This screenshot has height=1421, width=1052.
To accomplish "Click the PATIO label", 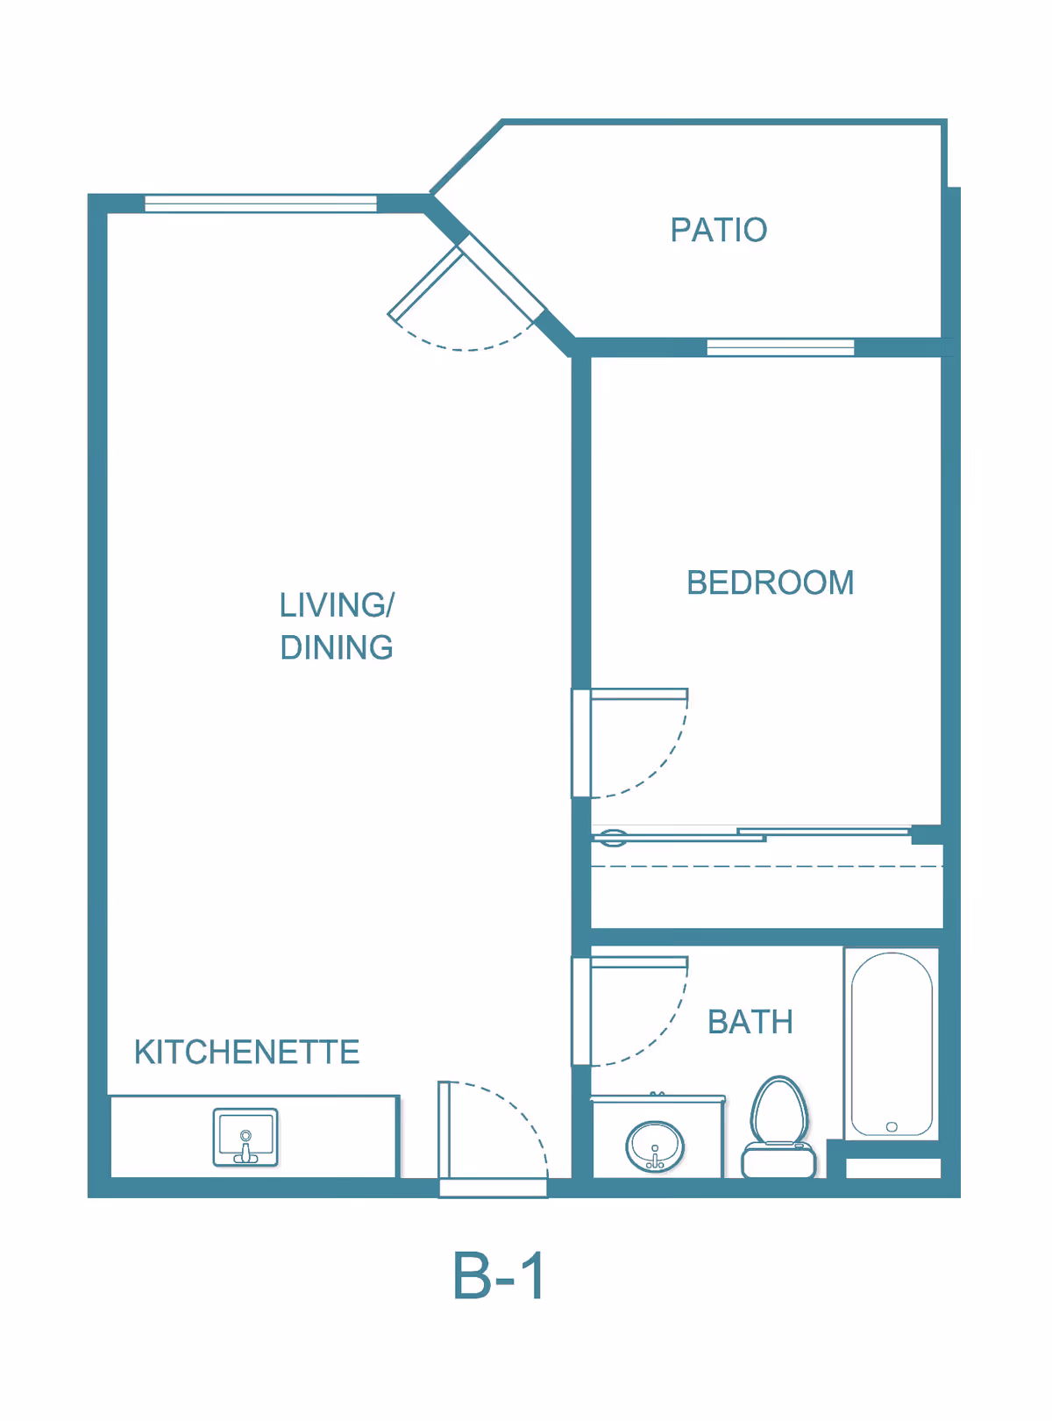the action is pos(718,229).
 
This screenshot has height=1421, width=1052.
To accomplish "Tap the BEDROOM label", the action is pos(770,582).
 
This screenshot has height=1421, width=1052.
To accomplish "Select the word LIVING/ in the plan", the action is pos(336,604).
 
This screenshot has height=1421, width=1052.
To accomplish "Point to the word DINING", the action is pos(336,647).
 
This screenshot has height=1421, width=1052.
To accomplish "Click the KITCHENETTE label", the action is pos(246,1052).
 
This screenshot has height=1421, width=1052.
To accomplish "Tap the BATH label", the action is pos(750,1022).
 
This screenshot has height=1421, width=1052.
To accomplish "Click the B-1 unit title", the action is pos(498,1275).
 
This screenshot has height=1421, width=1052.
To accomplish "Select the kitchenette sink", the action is pos(245,1137).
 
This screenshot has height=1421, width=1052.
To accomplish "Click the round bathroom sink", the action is pos(654,1146).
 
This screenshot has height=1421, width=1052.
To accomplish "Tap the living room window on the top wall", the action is pos(260,204).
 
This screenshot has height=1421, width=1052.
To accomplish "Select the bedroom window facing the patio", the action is pos(780,347).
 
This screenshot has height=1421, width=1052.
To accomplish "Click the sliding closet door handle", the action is pos(612,838).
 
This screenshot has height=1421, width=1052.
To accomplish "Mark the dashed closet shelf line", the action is pos(766,866).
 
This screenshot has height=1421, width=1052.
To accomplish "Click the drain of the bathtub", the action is pos(892,1126).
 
